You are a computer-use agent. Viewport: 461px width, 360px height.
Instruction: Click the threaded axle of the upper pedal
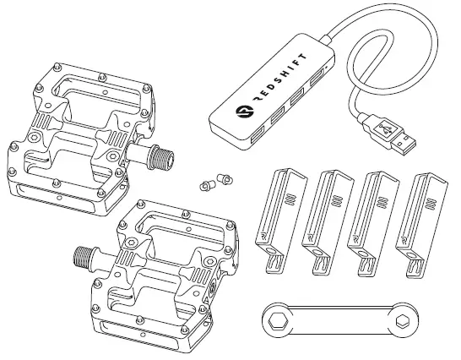click(158, 156)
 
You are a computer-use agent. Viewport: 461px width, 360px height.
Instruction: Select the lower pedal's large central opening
click(174, 232)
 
